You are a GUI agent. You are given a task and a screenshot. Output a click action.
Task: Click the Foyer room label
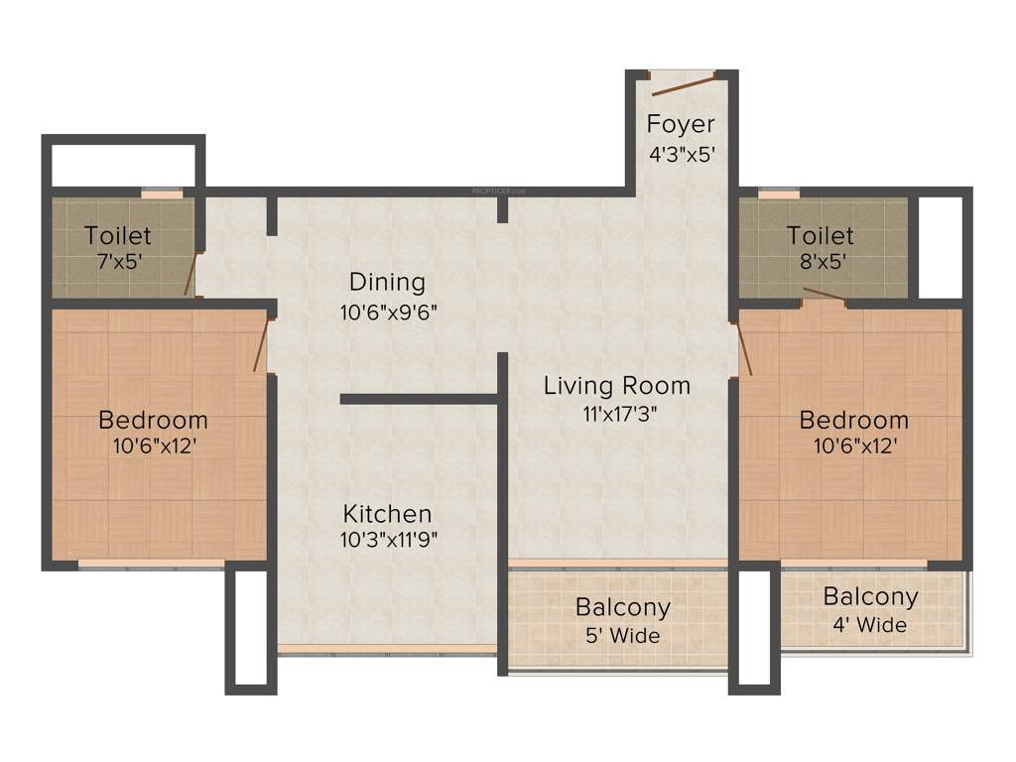pos(681,124)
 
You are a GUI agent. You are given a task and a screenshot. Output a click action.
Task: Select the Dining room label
pos(387,282)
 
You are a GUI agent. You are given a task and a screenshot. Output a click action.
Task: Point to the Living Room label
pos(616,386)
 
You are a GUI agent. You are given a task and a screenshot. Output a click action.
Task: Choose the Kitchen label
pos(387,514)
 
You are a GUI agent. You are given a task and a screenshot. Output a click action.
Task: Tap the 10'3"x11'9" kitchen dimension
pos(387,541)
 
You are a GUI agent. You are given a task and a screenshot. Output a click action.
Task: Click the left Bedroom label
pos(153,420)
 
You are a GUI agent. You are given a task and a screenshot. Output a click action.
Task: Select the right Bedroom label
pos(853,420)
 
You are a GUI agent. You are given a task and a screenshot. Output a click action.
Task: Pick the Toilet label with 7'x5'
pos(117,235)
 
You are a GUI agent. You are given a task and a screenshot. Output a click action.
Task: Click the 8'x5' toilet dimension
pos(820,263)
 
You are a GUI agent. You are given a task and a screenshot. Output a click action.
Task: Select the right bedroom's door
pos(744,349)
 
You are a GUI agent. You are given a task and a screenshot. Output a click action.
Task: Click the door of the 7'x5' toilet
pos(190,273)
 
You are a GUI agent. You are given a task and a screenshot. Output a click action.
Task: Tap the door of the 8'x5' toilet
pos(824,293)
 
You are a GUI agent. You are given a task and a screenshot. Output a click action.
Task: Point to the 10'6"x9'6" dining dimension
pos(387,311)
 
